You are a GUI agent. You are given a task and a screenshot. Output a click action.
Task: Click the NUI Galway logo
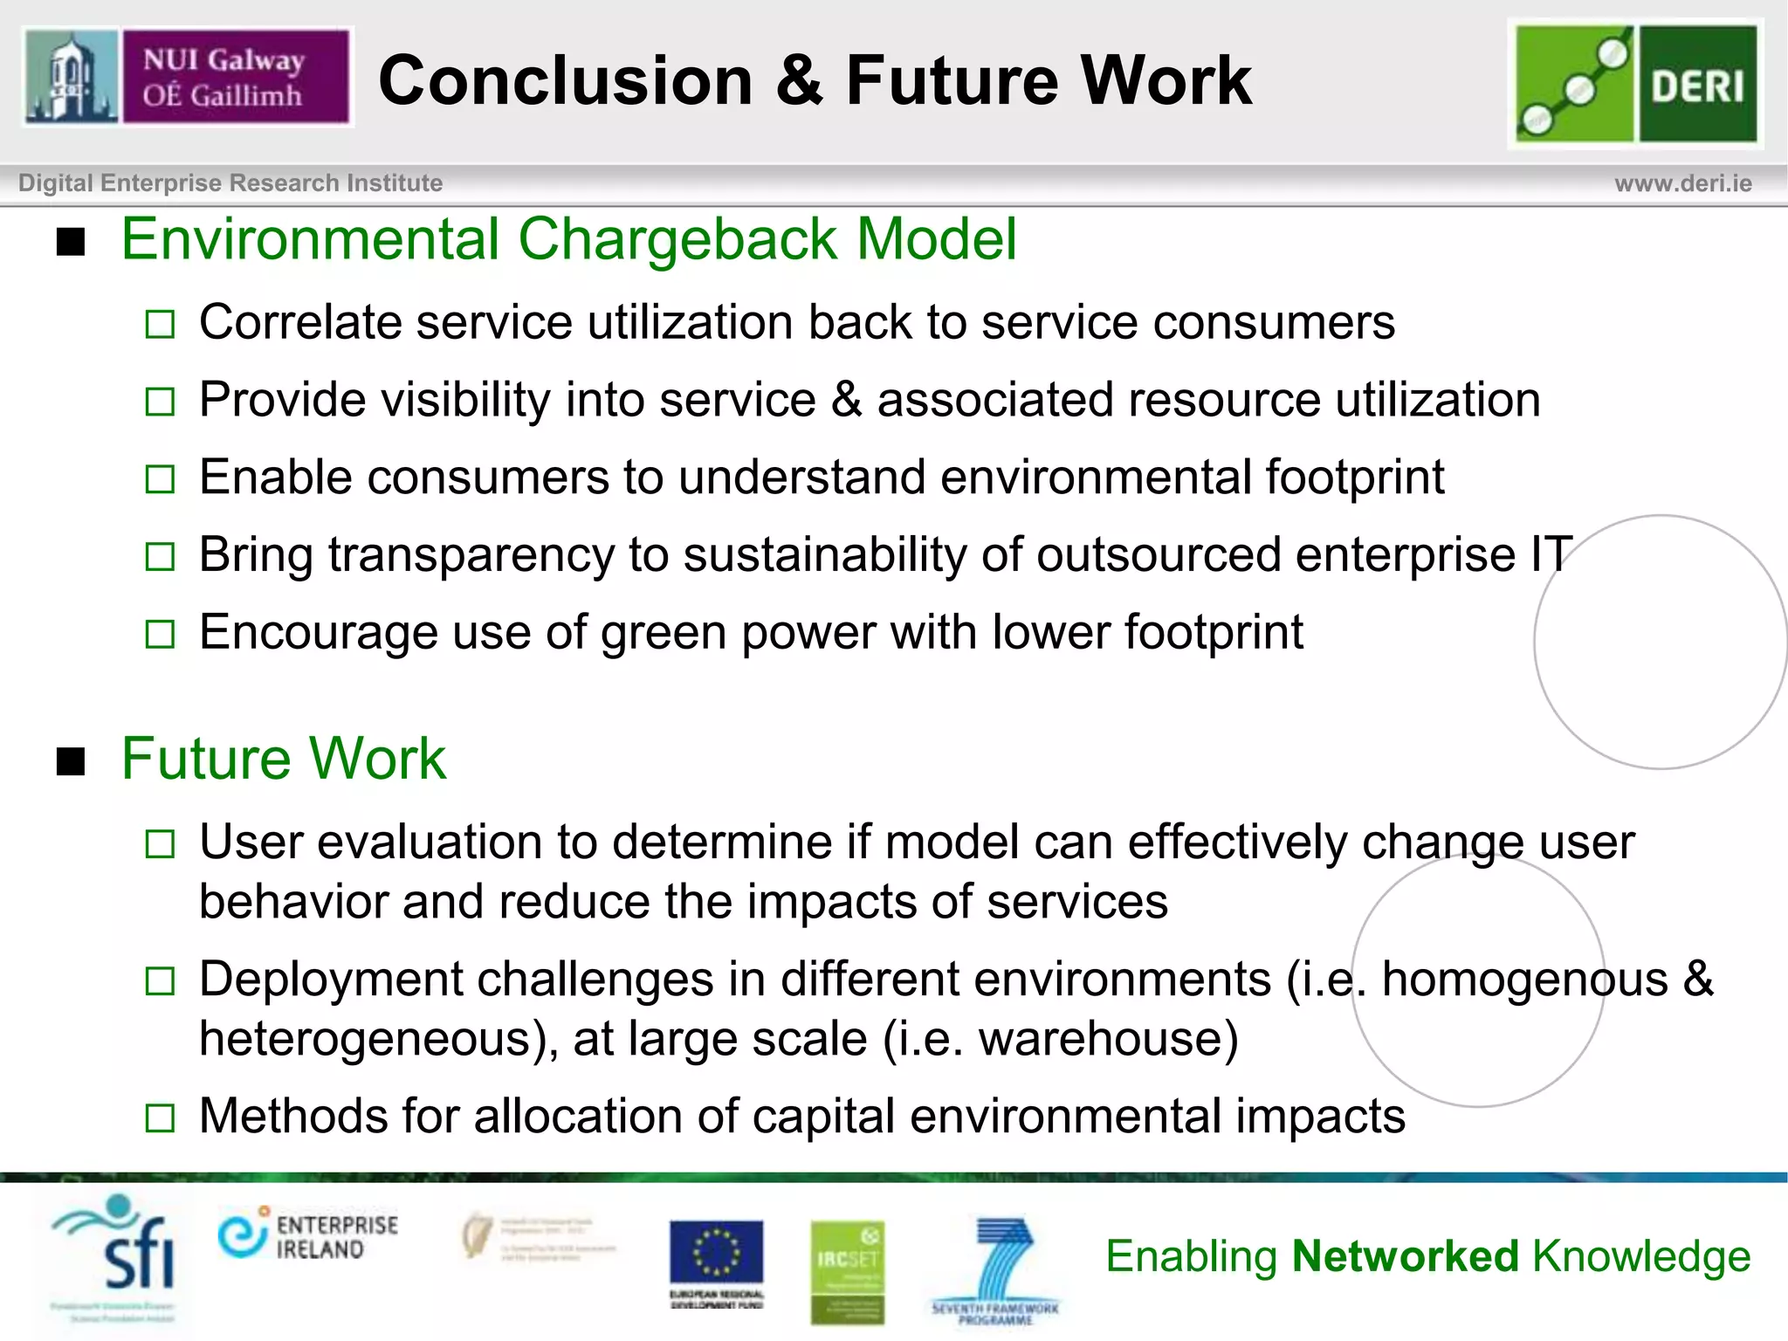(188, 77)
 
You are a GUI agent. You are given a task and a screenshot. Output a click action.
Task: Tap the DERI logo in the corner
(1635, 84)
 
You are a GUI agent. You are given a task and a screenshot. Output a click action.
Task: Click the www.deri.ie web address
(1682, 183)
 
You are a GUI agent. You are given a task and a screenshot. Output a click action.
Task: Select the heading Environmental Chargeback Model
(568, 239)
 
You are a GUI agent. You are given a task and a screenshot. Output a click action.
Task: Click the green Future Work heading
(283, 758)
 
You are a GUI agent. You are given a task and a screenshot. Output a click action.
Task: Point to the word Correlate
(299, 322)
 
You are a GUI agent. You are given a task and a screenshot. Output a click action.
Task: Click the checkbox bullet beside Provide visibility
(160, 402)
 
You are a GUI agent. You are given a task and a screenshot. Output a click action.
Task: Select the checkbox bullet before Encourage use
(160, 634)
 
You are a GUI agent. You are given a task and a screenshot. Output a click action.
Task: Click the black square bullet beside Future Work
(71, 761)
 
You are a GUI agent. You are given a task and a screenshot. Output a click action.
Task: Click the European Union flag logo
(716, 1254)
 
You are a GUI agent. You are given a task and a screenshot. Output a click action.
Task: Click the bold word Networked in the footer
(1406, 1256)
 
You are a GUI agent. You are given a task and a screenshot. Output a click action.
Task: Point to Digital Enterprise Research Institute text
(230, 183)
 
